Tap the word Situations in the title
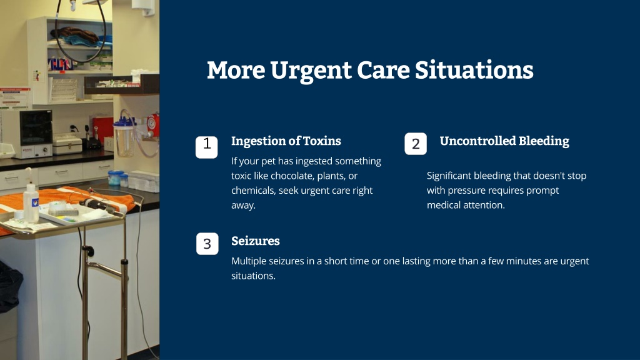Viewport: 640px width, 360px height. coord(474,70)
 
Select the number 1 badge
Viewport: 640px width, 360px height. coord(206,147)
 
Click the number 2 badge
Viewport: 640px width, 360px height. coord(416,144)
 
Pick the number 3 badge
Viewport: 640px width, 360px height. coord(207,244)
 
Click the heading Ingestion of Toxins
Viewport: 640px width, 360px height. coord(286,141)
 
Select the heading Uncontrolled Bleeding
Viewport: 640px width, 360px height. coord(504,141)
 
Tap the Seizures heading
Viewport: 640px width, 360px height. coord(256,241)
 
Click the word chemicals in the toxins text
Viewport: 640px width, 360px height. coord(253,191)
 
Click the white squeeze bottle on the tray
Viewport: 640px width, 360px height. coord(31,201)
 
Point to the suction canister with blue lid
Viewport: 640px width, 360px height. coord(124,137)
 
